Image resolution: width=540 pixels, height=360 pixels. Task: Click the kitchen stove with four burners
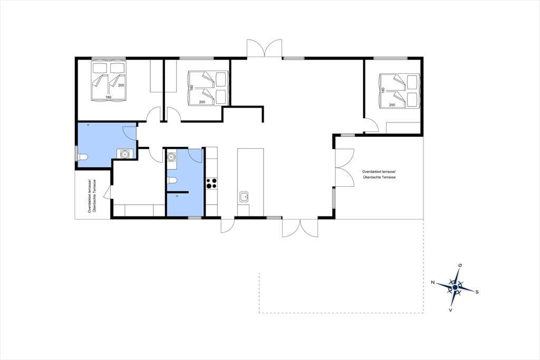pos(211,183)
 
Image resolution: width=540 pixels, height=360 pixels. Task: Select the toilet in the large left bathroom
pos(83,157)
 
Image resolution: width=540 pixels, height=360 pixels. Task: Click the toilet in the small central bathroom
pos(172,180)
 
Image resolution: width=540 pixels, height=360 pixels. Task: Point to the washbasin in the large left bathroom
pos(124,154)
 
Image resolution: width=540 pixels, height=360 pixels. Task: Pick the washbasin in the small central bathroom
pos(171,157)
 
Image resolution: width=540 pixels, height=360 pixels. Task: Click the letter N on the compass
pos(432,282)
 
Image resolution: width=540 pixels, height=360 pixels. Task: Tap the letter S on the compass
pos(477,292)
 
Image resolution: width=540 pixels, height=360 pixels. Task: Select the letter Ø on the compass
pos(460,265)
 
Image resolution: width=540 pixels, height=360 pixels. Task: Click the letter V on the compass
pos(450,310)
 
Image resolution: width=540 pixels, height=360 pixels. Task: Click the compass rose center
pos(455,287)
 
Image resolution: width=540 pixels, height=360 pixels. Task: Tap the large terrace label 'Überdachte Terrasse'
pos(379,177)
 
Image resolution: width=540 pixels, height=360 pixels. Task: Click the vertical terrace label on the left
pos(92,196)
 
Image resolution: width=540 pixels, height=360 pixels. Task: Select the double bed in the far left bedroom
pos(108,81)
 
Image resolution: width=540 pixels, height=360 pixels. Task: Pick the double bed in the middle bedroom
pos(208,88)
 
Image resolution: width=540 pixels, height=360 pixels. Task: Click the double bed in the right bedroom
pos(399,91)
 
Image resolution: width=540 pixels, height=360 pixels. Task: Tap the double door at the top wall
pos(265,48)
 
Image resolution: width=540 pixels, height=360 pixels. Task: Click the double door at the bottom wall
pos(300,228)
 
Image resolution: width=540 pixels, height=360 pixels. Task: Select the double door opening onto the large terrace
pos(345,167)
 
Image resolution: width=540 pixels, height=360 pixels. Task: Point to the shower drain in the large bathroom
pos(88,125)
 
